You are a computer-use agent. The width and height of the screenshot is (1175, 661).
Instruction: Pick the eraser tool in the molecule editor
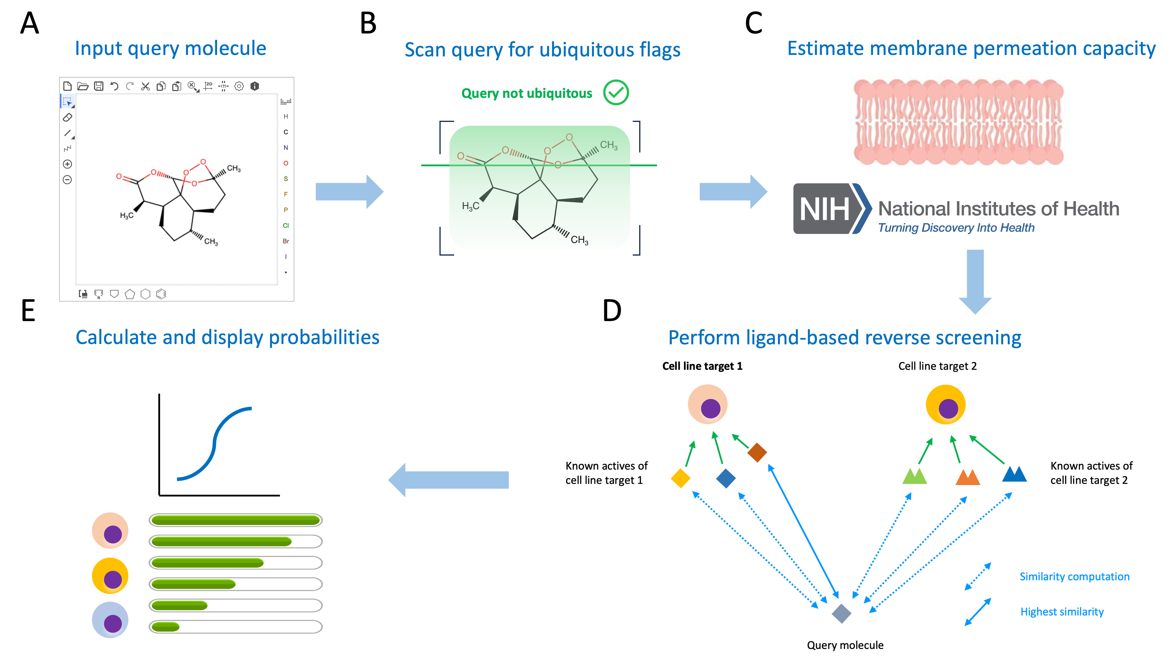click(x=68, y=117)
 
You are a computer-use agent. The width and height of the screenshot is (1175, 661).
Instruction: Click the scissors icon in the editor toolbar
click(x=145, y=86)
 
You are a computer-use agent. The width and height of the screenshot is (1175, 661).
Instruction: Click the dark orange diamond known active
click(x=757, y=452)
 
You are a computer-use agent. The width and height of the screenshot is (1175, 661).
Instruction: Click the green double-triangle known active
click(x=914, y=476)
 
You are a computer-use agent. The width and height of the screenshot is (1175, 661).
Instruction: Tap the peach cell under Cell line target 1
click(x=707, y=405)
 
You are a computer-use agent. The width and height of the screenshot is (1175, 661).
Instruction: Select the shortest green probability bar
click(x=166, y=627)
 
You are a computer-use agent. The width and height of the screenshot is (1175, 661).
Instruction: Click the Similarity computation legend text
click(x=1074, y=577)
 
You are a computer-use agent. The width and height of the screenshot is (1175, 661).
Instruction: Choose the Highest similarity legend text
click(x=1062, y=612)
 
